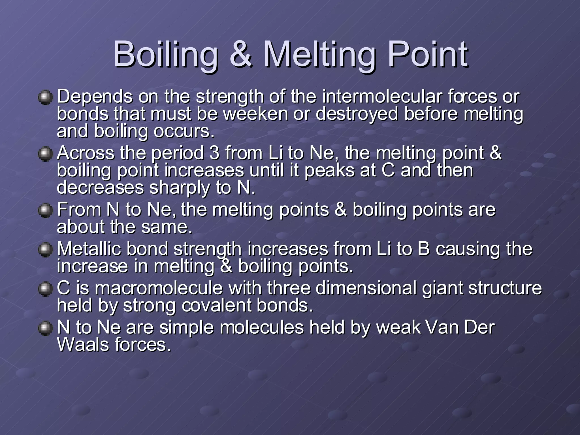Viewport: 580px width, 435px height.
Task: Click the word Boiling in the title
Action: point(166,54)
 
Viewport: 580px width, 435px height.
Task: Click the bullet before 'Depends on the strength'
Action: point(45,98)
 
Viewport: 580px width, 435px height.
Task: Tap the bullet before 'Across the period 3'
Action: point(45,154)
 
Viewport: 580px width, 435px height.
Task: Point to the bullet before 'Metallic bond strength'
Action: point(45,250)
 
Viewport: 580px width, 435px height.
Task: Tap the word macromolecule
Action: point(159,288)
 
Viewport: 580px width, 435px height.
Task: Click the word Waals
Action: point(83,345)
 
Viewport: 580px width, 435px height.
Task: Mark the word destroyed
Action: point(357,114)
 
